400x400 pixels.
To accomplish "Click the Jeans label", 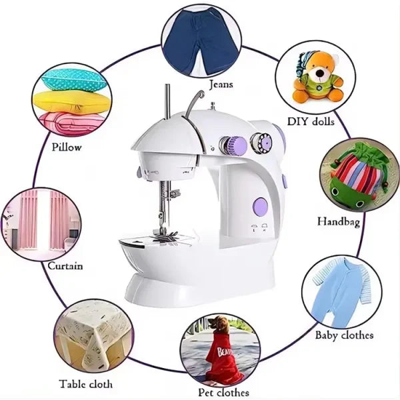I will click(x=221, y=85).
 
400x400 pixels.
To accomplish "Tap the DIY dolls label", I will click(x=311, y=121).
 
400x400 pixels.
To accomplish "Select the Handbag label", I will click(x=339, y=221).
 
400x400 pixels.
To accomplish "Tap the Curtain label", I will click(x=65, y=266).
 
